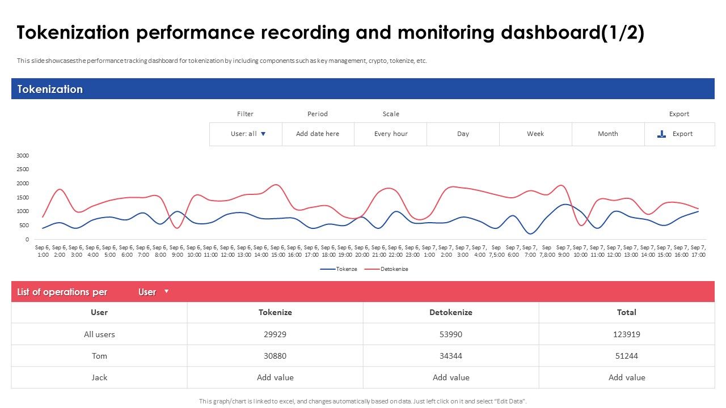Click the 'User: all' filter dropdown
pos(248,134)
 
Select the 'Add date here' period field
pos(318,134)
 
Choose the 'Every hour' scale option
pos(391,134)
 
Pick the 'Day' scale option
pos(463,134)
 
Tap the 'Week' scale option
pos(535,134)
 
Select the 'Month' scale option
pos(607,134)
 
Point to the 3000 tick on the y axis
pos(23,156)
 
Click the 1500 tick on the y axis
pos(23,197)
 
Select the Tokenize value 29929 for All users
pos(275,334)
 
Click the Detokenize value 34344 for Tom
pos(451,356)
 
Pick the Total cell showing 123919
pos(627,334)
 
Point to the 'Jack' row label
pos(99,377)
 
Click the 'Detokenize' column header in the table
pos(451,312)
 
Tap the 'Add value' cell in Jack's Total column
pos(627,377)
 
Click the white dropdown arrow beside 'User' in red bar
pos(166,291)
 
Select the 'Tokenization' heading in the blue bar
pos(50,89)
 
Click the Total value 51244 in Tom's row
pos(627,356)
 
